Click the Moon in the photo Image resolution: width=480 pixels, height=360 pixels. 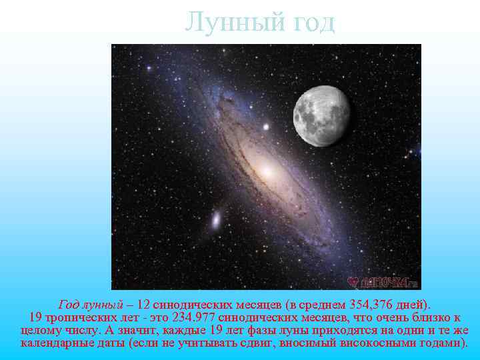[322, 115]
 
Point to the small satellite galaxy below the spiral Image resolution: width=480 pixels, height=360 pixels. [217, 219]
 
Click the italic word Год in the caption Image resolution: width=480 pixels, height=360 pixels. [69, 303]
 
